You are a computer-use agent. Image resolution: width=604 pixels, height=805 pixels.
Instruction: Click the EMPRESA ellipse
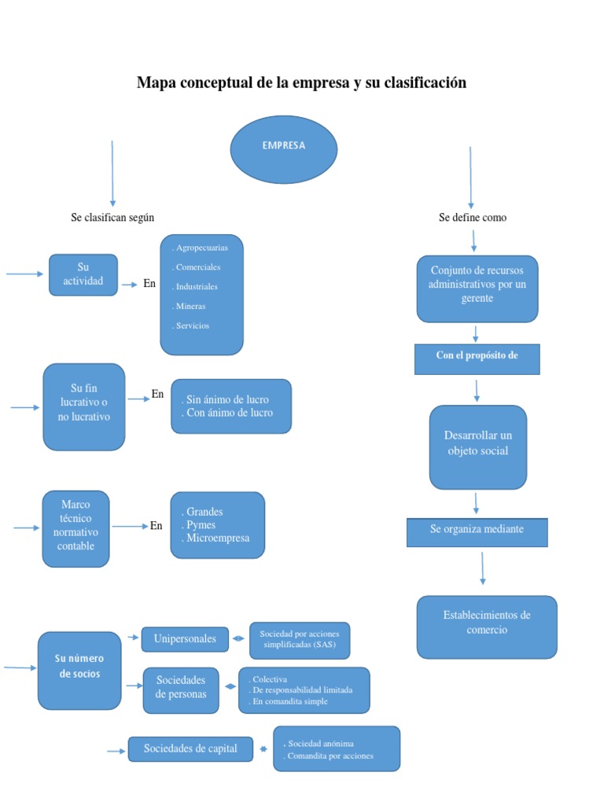pos(283,149)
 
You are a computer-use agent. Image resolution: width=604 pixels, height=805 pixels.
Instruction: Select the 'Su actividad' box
pos(83,274)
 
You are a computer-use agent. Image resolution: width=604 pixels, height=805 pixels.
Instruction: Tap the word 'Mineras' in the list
pos(190,306)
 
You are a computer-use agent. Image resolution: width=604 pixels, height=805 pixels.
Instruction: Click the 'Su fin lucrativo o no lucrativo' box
pos(84,406)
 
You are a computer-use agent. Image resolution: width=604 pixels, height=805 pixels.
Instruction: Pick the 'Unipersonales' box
pos(185,639)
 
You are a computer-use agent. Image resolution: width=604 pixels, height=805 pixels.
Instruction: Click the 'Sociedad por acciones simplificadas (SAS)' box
pos(300,640)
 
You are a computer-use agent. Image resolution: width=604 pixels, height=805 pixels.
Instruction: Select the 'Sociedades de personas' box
pos(181,689)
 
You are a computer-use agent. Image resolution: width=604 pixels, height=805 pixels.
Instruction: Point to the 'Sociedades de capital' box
pos(190,749)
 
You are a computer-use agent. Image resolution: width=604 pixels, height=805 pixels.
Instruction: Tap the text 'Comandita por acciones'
pos(331,756)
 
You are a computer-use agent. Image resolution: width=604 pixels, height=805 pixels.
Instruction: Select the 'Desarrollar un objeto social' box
pos(477,446)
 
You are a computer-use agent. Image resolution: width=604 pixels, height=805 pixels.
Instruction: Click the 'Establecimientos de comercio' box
pos(487,626)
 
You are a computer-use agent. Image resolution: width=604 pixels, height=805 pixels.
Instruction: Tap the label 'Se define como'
pos(473,218)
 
